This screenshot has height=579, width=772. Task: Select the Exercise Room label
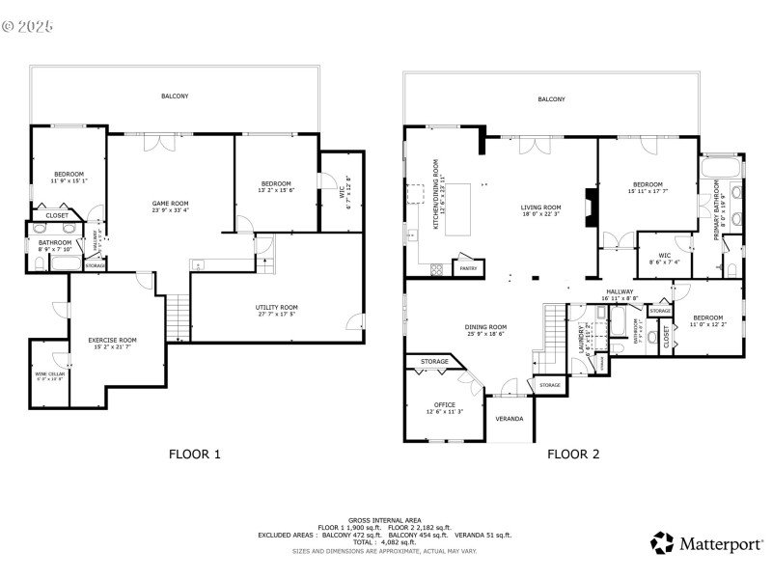click(x=112, y=340)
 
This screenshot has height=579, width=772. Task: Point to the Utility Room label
click(x=277, y=307)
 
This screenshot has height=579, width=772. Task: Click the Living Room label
click(x=541, y=207)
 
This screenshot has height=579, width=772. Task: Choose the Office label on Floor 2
click(x=445, y=404)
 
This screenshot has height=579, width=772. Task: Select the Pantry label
click(x=468, y=267)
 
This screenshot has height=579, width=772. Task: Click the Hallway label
click(x=619, y=290)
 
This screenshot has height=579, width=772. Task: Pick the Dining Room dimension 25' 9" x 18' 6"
click(x=484, y=335)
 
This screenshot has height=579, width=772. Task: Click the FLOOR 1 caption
click(x=195, y=453)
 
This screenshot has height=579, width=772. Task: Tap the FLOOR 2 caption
click(x=573, y=453)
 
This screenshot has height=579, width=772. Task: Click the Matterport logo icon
click(x=662, y=542)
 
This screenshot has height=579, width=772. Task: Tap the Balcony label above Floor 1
click(x=175, y=96)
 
